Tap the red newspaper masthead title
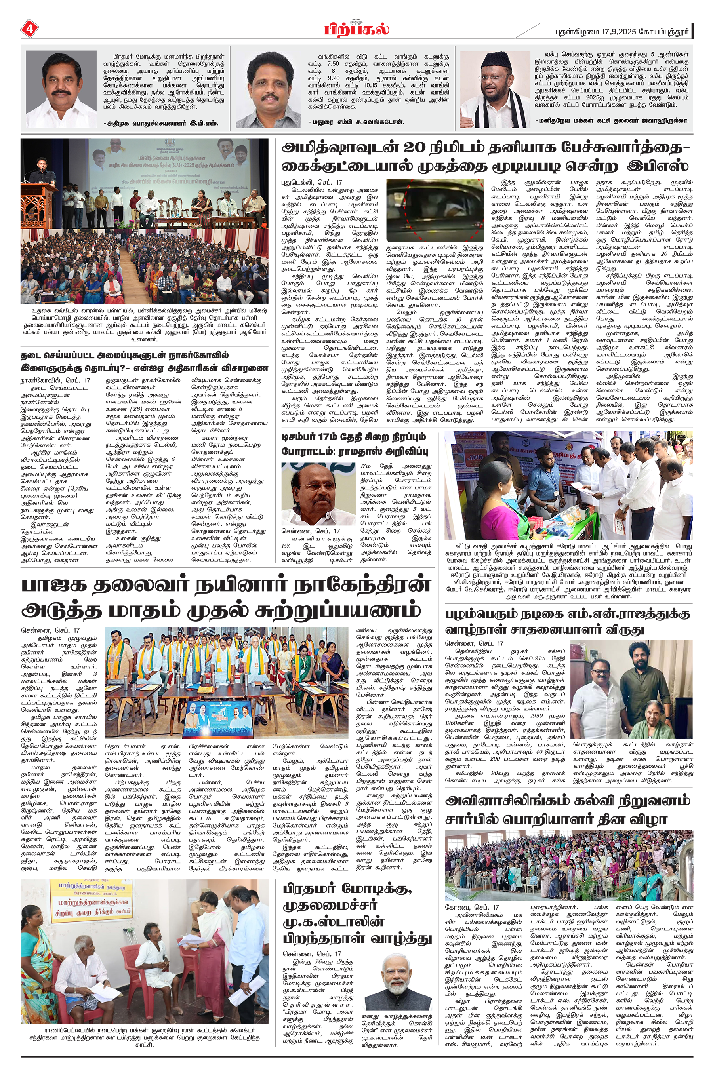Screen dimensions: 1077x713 [x=356, y=30]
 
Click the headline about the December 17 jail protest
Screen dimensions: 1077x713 [x=354, y=444]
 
